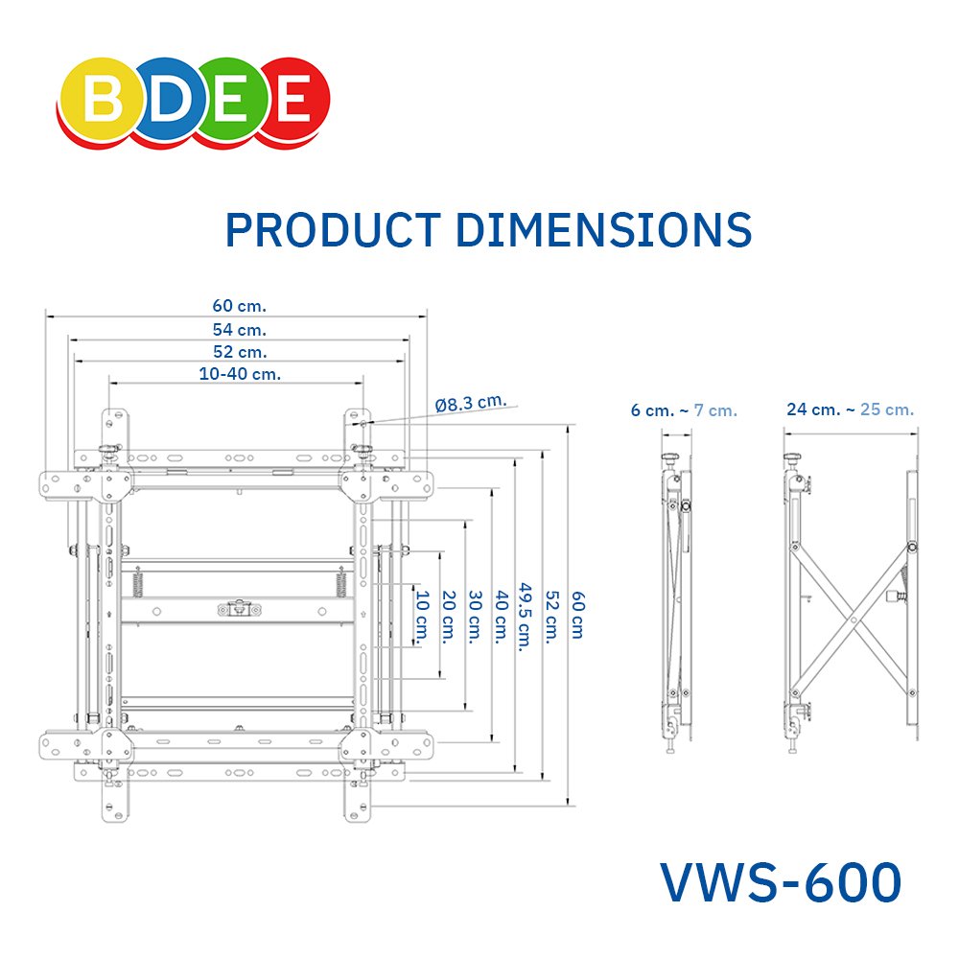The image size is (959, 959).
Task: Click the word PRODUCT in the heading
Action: click(334, 230)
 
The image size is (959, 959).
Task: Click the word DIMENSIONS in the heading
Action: click(604, 230)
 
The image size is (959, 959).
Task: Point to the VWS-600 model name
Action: click(781, 881)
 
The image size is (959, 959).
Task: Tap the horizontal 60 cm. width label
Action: click(239, 305)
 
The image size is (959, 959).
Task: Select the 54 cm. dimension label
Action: click(239, 329)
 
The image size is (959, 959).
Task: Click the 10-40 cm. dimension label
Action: click(240, 374)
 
